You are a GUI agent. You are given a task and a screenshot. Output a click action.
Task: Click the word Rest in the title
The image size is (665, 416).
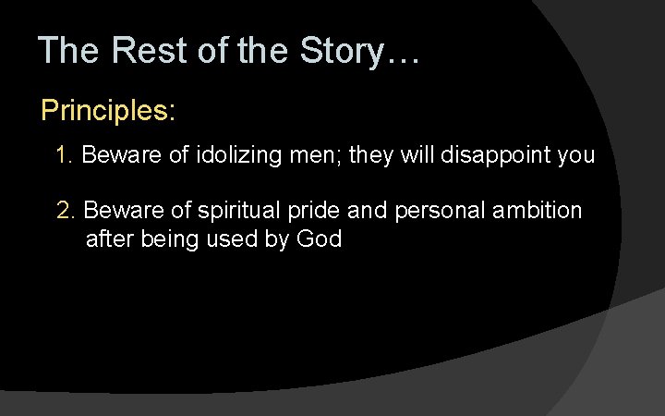[147, 50]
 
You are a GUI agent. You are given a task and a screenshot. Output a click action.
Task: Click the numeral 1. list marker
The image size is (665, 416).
[65, 155]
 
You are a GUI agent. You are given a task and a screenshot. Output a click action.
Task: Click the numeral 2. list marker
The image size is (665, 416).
[66, 211]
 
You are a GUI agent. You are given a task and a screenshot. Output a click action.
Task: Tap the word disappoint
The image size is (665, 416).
[500, 155]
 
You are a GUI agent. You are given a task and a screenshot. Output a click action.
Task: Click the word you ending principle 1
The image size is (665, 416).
[575, 155]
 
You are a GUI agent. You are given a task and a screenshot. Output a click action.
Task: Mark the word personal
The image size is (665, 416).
[427, 211]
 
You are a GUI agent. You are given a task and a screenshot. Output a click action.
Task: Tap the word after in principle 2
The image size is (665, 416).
[107, 239]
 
